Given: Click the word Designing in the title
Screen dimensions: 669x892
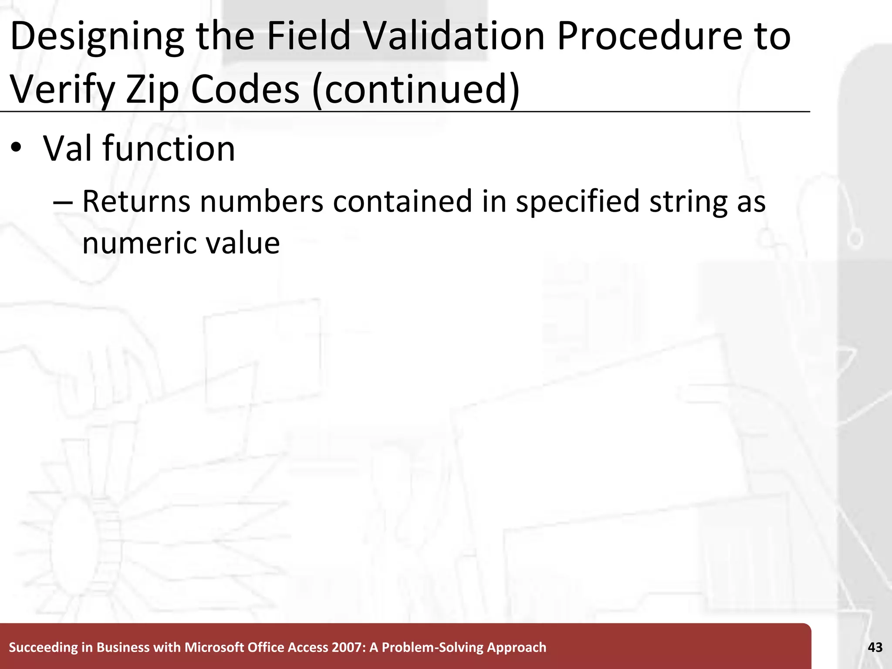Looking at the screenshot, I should click(97, 37).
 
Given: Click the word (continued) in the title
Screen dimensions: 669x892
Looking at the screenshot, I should click(416, 89).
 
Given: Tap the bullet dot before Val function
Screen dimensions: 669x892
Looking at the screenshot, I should click(16, 148).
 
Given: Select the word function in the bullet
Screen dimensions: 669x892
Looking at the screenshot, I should click(169, 149).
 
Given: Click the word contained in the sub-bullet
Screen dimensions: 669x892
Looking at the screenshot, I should click(402, 202).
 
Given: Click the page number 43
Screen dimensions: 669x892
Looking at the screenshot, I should click(875, 648).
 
